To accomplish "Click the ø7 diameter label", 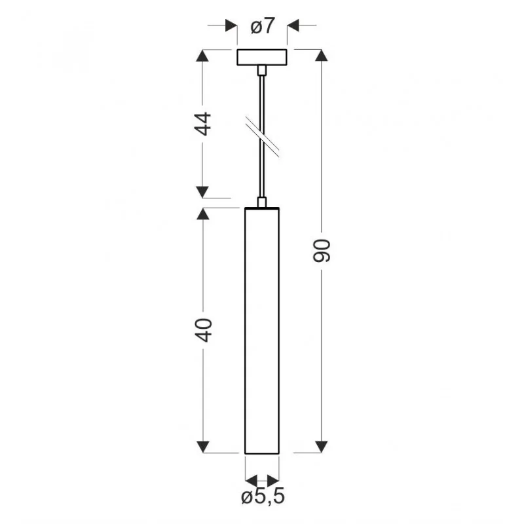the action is coord(263,26).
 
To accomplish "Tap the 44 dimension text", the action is coord(204,124).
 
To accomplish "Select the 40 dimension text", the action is coord(204,330).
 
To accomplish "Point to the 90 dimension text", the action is coord(322,251).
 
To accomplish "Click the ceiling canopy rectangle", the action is coord(262,57).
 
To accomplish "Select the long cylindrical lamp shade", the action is coord(262,331).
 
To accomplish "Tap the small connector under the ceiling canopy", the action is coord(262,70).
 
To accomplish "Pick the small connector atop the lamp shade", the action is coord(262,202).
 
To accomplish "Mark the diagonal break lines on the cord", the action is coord(263,137).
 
